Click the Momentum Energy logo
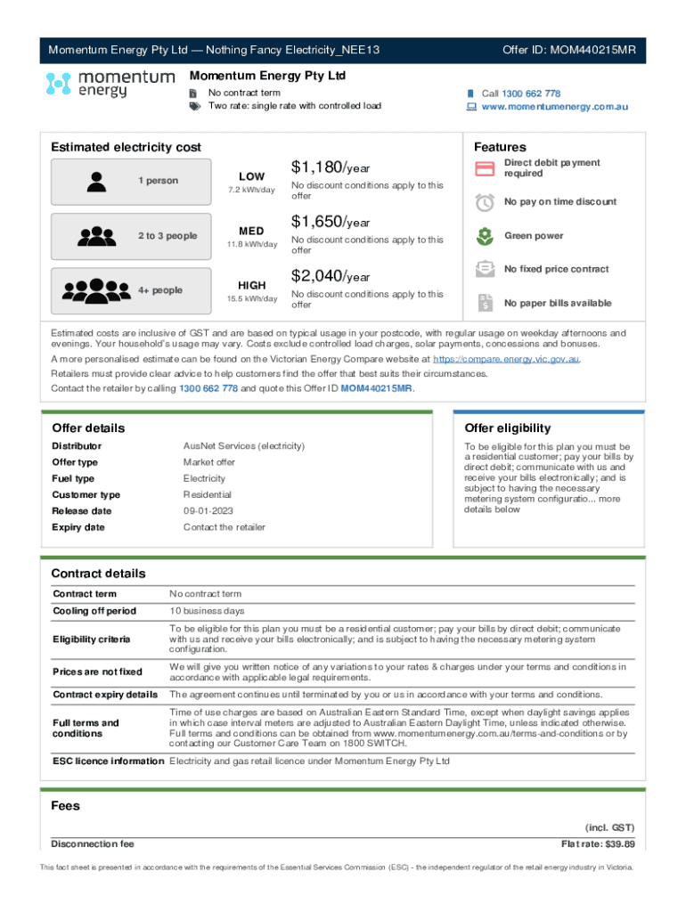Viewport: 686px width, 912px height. [x=110, y=85]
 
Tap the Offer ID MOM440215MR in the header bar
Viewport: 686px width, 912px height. [x=568, y=50]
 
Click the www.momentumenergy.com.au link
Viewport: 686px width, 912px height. [x=555, y=107]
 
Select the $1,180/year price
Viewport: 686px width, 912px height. [x=331, y=167]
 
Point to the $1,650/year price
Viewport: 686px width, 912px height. [x=331, y=222]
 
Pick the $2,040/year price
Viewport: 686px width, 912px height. [x=331, y=276]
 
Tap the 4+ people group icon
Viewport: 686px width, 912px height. [x=95, y=290]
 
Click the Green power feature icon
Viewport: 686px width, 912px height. [x=485, y=236]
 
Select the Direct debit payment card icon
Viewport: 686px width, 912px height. [x=485, y=168]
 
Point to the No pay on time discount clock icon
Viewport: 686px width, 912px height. [x=485, y=202]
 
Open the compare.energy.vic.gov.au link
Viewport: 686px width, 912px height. [x=507, y=359]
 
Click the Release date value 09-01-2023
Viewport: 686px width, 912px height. [x=209, y=511]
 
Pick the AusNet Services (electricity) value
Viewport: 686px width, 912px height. [x=243, y=445]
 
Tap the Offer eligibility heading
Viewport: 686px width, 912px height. [x=507, y=428]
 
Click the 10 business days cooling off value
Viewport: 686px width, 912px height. [x=207, y=611]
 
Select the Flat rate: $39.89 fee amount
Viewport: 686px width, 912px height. [x=597, y=844]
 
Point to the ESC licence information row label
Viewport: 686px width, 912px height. [x=108, y=761]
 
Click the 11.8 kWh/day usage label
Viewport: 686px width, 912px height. [x=251, y=245]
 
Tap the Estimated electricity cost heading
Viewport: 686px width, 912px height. [x=126, y=148]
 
